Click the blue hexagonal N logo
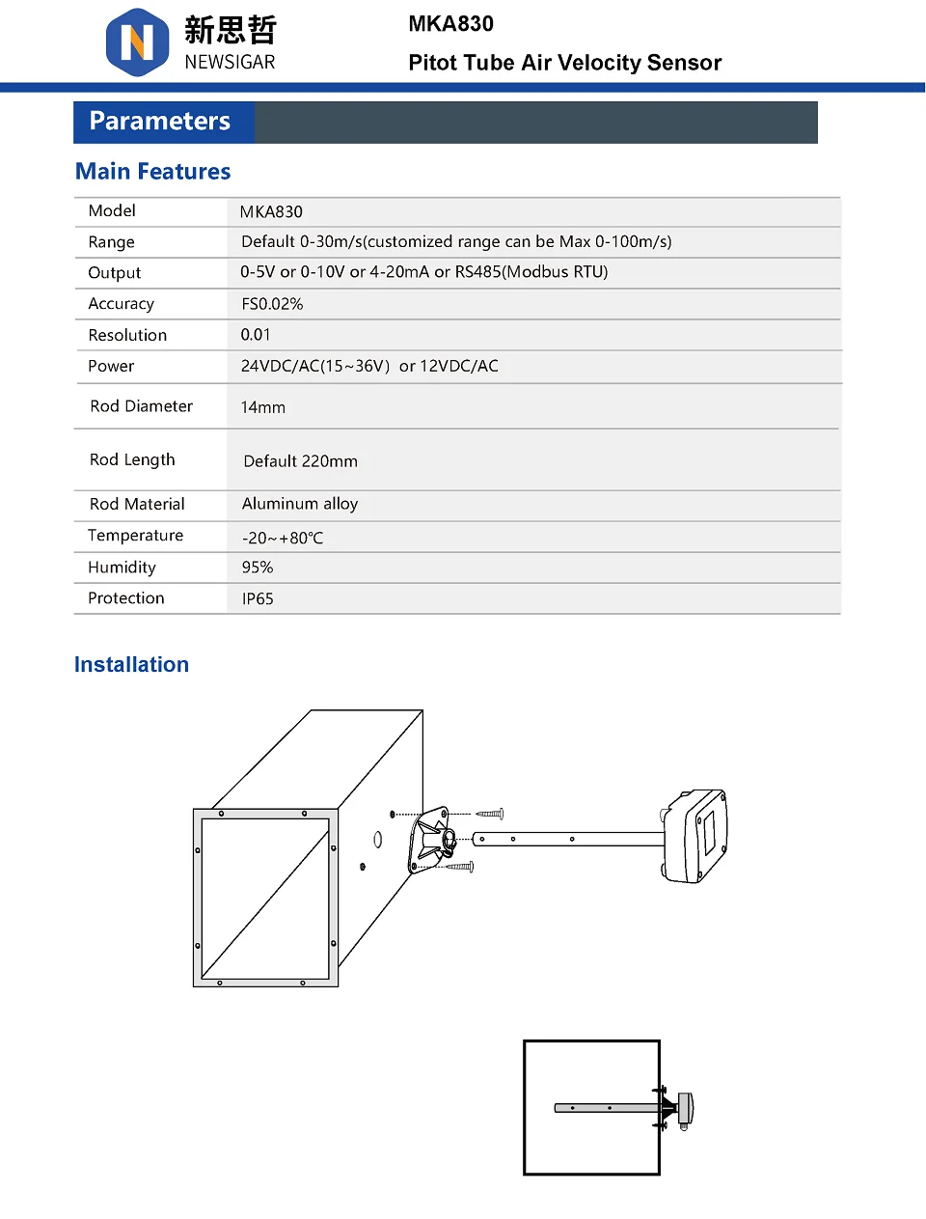point(137,42)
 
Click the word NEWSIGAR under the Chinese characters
point(230,62)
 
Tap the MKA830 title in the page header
point(450,24)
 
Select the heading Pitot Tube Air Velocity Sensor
point(565,63)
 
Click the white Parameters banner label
point(159,121)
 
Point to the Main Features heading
point(152,171)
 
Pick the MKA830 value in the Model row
point(271,211)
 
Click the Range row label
point(111,242)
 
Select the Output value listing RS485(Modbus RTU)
point(423,271)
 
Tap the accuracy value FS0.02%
point(272,304)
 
